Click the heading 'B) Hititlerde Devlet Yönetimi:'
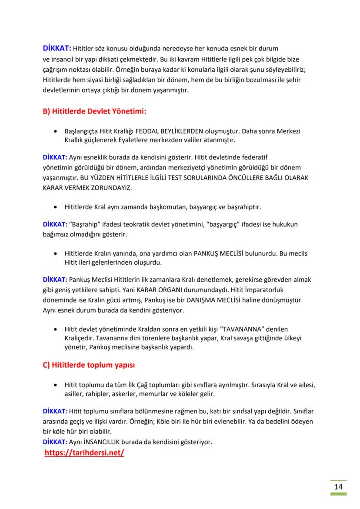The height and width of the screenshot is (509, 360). [93, 112]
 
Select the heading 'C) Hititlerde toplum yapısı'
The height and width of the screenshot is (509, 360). [89, 364]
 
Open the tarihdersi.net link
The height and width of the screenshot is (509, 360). [84, 452]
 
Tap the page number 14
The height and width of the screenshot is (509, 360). [338, 486]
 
